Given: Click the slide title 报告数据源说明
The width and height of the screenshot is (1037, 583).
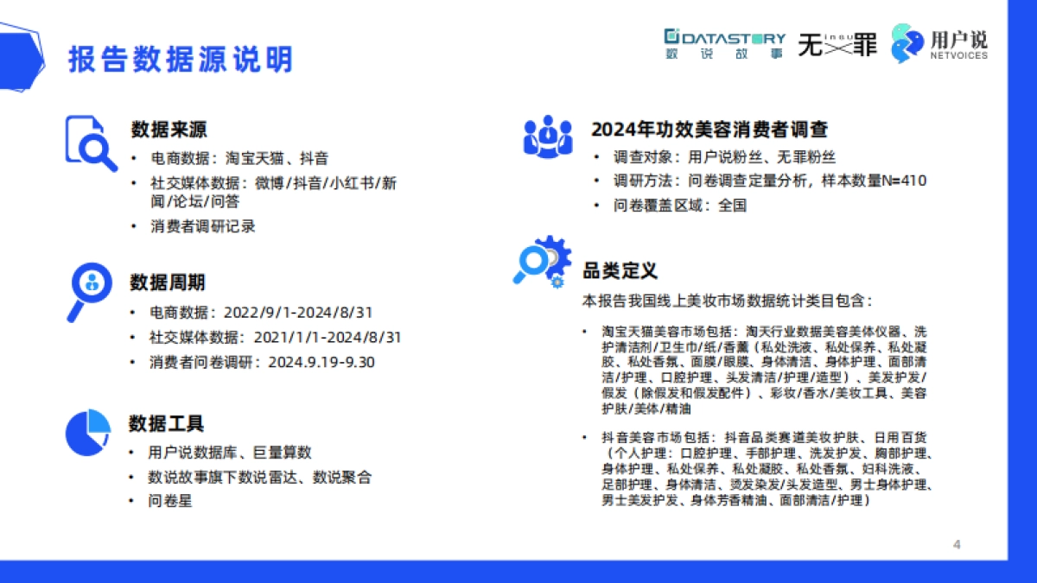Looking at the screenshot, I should pos(181,59).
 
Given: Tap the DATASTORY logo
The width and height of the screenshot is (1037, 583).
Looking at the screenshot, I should pos(724,43).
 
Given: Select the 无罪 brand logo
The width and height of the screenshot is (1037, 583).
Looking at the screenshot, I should pos(837,43).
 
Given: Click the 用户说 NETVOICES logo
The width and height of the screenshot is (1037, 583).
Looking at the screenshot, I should pos(939,43).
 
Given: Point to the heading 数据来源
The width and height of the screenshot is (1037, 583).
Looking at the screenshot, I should pos(169,130).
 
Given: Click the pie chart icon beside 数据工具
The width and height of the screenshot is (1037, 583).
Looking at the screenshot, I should pos(89,433).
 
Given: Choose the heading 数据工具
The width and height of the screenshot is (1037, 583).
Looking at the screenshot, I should pos(167,424).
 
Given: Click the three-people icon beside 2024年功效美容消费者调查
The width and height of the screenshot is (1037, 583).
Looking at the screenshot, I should pos(547,137).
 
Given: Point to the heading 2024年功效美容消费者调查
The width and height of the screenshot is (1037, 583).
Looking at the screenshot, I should pos(709,130).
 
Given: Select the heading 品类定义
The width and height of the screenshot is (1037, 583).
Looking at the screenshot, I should pos(620,270).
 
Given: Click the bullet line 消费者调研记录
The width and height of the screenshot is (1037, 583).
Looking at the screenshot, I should pos(202,226).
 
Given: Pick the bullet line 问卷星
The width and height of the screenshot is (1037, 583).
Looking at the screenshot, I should pos(169,501).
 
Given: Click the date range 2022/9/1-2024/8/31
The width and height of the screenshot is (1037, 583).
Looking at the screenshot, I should pos(298,313).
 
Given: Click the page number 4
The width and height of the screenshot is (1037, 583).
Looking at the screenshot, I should pos(957,544).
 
